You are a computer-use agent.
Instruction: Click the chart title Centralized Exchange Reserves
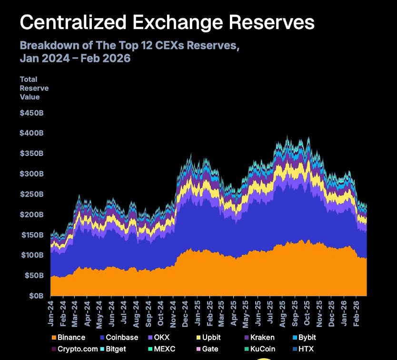click(167, 23)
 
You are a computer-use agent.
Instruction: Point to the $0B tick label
click(36, 296)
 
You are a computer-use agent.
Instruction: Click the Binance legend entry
click(71, 338)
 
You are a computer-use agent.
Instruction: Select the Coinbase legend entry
click(121, 338)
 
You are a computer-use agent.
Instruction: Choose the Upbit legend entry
click(208, 338)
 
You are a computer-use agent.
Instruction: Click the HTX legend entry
click(306, 349)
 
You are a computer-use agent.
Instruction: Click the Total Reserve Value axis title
click(34, 88)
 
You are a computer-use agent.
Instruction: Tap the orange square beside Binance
click(53, 338)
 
